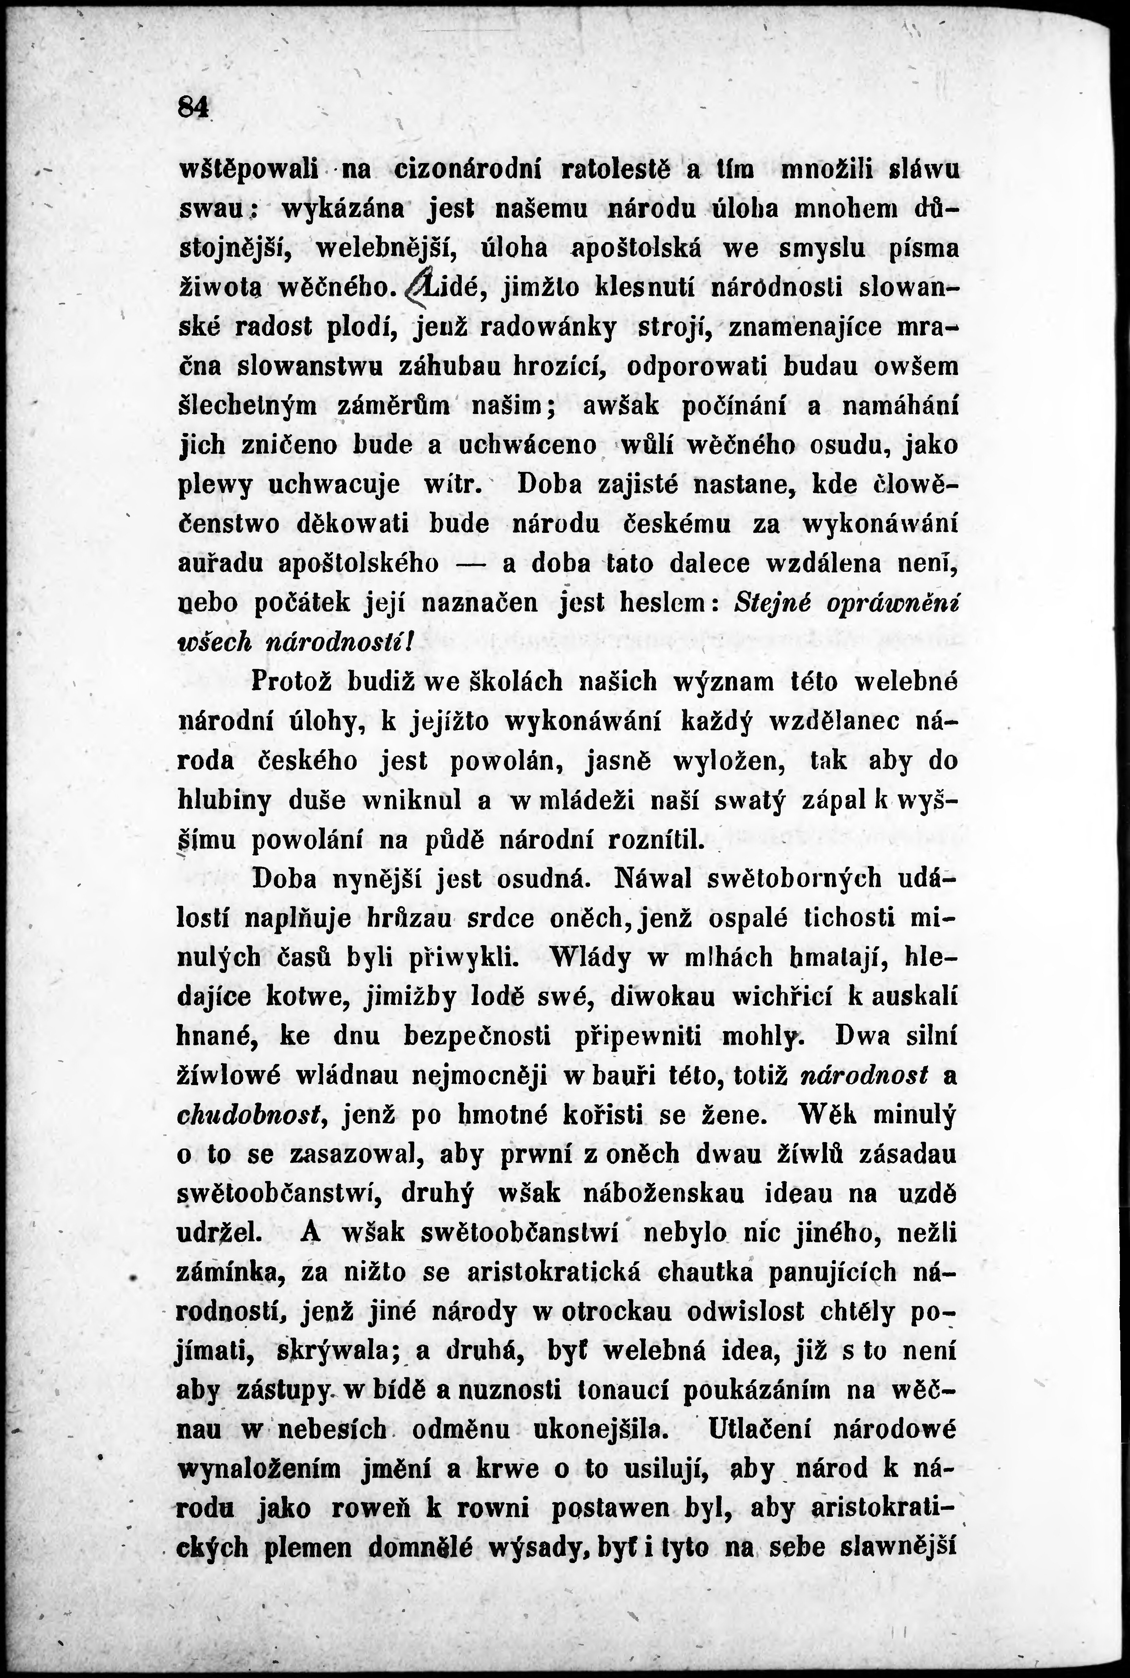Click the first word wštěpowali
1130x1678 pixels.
click(x=247, y=170)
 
